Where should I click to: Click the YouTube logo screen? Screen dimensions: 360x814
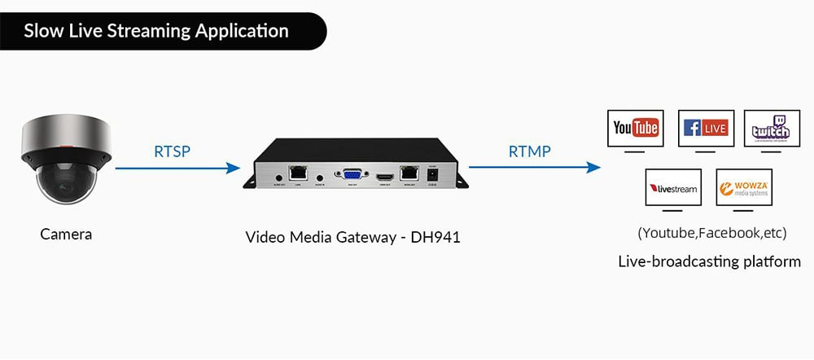tap(636, 128)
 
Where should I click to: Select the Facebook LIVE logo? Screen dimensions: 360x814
tap(706, 128)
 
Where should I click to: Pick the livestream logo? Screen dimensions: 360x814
tap(672, 188)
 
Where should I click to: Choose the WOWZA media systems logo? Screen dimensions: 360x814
tap(743, 188)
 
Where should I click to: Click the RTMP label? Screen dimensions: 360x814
tap(529, 151)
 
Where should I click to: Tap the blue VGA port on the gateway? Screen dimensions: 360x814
tap(352, 175)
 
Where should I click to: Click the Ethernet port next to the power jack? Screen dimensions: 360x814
tap(409, 174)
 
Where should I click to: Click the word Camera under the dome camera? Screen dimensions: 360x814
tap(66, 235)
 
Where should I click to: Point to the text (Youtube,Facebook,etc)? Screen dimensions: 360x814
tap(712, 233)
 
